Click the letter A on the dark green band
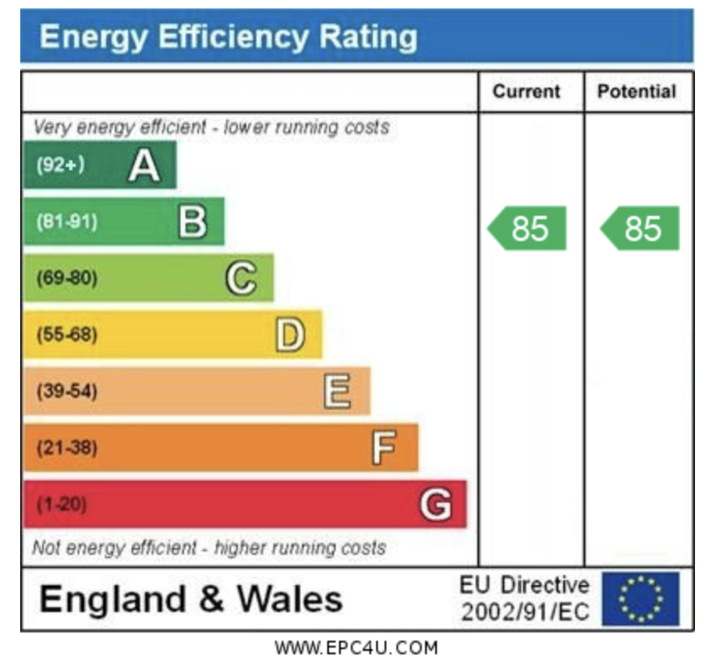[144, 165]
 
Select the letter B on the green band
[192, 222]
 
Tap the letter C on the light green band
[241, 278]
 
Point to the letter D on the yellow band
[290, 335]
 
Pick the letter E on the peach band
[337, 391]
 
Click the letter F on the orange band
[384, 448]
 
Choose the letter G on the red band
[435, 504]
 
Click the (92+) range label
[61, 164]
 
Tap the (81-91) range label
[67, 222]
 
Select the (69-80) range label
[67, 278]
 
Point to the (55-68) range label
[67, 335]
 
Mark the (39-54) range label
[67, 391]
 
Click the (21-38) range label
[67, 448]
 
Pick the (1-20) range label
[62, 504]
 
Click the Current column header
[527, 91]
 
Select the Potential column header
[637, 91]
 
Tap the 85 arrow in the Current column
[527, 228]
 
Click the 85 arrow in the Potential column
[639, 228]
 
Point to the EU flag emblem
[640, 599]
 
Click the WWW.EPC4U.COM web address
[357, 648]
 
